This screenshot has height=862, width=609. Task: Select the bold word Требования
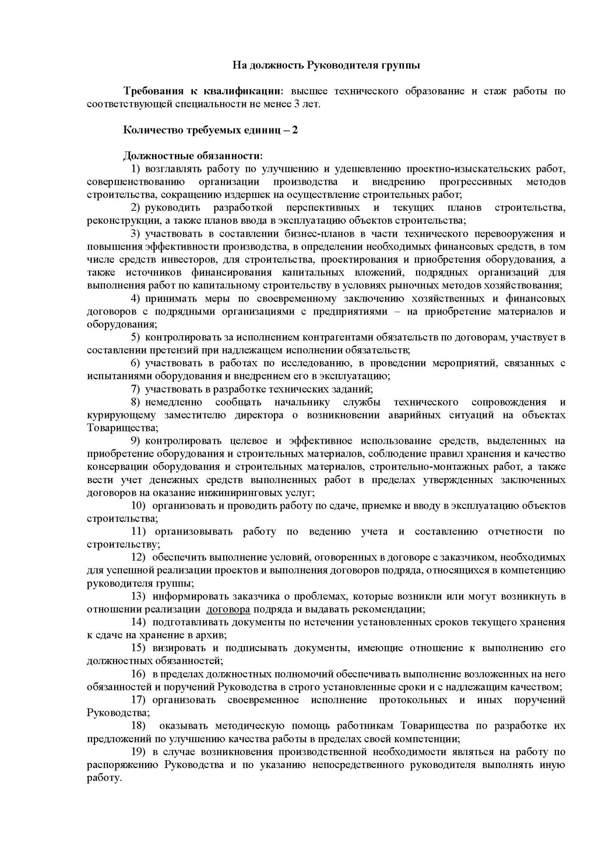[150, 91]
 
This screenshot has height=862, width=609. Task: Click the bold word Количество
[149, 130]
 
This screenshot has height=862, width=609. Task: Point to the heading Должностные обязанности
[193, 156]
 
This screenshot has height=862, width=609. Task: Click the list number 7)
[136, 390]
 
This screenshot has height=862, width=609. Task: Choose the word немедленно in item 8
[174, 403]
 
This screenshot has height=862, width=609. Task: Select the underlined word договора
[228, 609]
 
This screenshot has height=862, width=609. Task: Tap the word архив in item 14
[213, 635]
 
